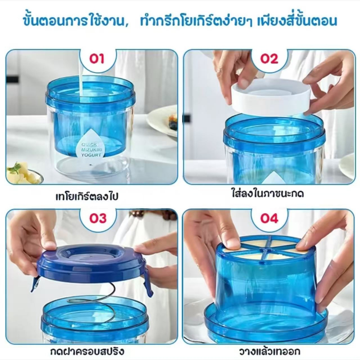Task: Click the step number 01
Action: (97, 59)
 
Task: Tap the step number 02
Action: (269, 59)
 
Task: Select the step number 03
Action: (98, 218)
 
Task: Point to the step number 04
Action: (269, 218)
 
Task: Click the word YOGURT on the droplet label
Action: (91, 155)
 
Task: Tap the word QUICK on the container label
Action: (89, 144)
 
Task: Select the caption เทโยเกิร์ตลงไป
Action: (87, 197)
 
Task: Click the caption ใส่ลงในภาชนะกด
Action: (268, 194)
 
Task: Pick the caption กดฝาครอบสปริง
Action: (88, 351)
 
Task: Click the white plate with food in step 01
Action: (162, 122)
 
